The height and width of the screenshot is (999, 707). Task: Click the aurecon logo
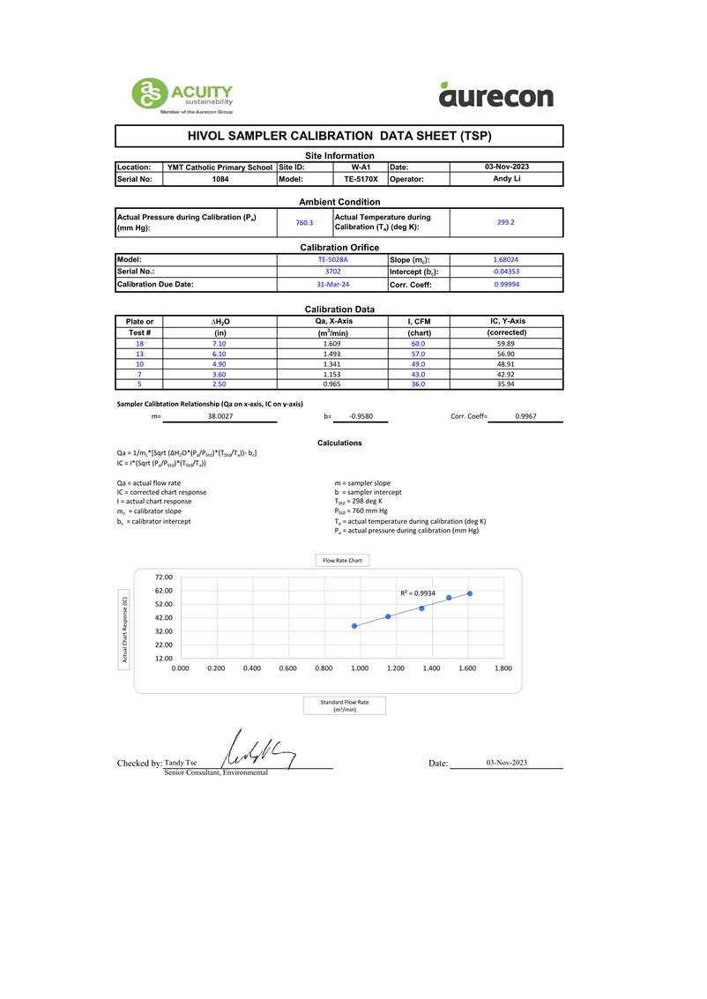495,94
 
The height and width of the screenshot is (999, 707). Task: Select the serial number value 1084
220,179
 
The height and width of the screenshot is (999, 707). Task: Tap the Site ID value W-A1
361,167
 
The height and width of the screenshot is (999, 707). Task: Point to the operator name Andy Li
506,179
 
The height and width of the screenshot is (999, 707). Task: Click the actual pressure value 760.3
304,223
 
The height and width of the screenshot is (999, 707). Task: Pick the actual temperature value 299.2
506,222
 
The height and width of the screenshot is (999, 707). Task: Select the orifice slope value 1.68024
506,260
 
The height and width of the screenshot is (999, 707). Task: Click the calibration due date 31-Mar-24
332,284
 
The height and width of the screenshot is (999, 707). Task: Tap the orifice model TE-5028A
332,260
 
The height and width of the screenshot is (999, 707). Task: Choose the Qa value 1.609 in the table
332,344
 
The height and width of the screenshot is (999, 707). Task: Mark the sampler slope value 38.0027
220,415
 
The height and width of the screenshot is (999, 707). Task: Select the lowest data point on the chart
354,626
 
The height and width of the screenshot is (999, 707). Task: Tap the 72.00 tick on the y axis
164,578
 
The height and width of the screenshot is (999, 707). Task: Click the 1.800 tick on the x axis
502,669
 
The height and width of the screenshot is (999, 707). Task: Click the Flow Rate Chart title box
342,560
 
